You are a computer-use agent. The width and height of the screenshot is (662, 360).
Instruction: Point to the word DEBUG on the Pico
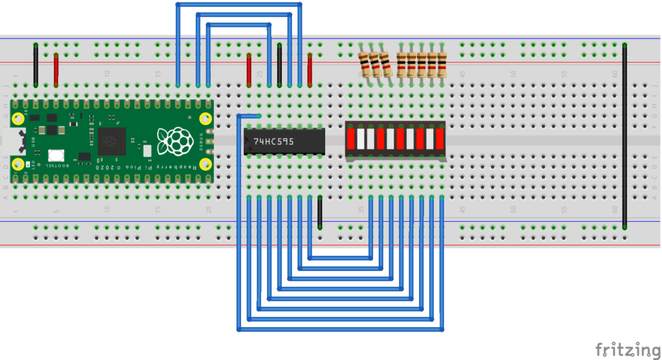[x=200, y=142]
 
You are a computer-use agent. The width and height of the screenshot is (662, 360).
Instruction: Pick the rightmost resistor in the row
[x=442, y=65]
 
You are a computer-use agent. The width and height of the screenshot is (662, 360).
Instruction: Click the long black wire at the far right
[x=625, y=136]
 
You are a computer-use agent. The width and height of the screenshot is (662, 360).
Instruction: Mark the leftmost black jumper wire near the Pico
[x=36, y=65]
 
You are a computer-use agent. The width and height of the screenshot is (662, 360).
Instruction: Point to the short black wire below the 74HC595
[x=320, y=213]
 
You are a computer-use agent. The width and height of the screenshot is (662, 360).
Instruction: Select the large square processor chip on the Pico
[x=111, y=140]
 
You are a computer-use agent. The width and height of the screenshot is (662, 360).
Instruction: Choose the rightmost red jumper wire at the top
[x=310, y=70]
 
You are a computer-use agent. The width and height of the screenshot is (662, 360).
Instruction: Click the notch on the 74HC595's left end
[x=246, y=141]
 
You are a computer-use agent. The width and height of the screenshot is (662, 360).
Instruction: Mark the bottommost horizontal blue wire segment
[x=341, y=330]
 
